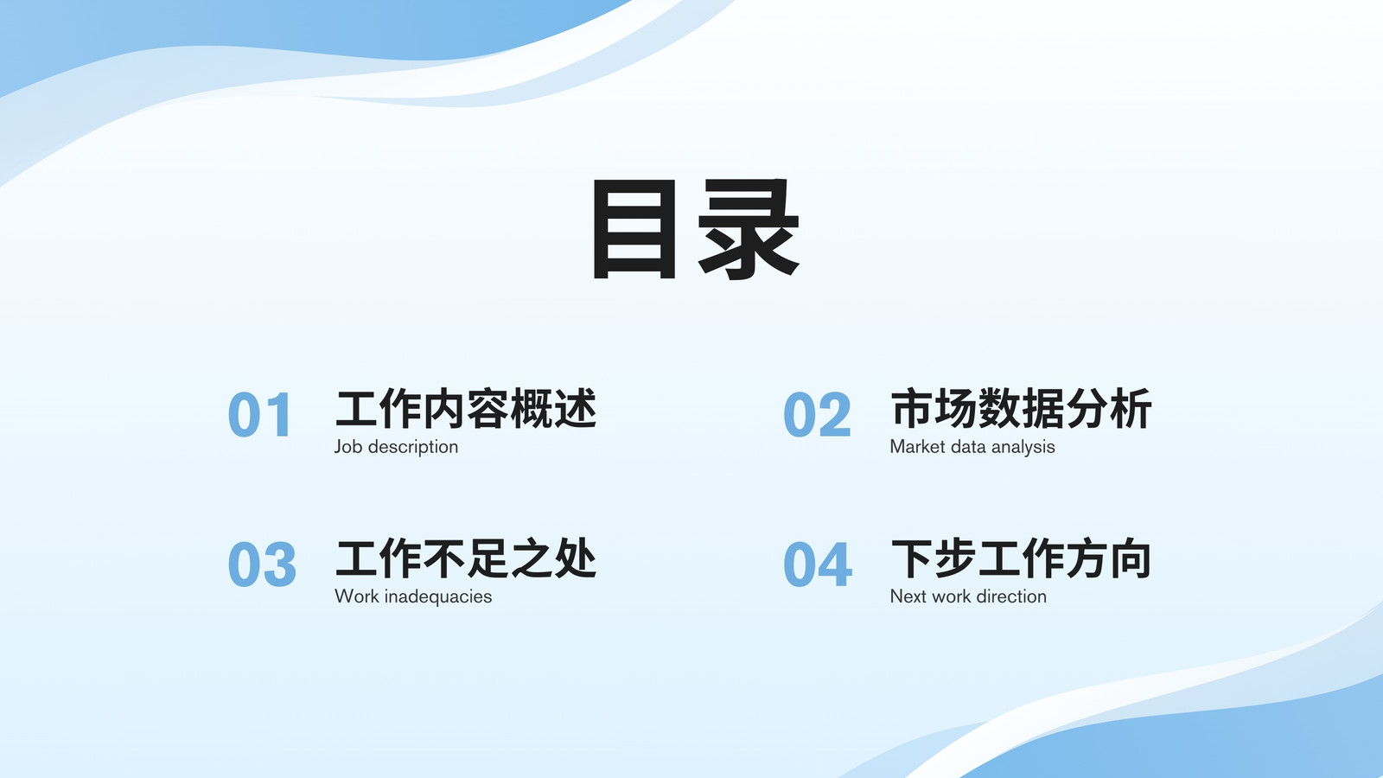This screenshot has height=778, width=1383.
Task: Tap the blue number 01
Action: point(259,414)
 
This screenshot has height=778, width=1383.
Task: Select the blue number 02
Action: point(817,414)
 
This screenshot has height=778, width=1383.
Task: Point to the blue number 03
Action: point(262,564)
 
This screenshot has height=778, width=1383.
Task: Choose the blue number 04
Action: point(818,564)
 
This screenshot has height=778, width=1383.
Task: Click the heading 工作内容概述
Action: point(466,408)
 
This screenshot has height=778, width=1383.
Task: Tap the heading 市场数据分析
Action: point(1021,408)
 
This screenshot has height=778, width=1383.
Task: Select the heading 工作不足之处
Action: point(466,558)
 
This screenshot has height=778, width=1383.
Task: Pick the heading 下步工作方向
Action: point(1021,558)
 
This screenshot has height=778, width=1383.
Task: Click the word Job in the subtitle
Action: point(348,446)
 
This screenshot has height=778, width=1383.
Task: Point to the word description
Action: point(413,447)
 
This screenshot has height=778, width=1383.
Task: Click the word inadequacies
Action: point(437,596)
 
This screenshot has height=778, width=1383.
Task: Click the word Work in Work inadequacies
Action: point(356,596)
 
